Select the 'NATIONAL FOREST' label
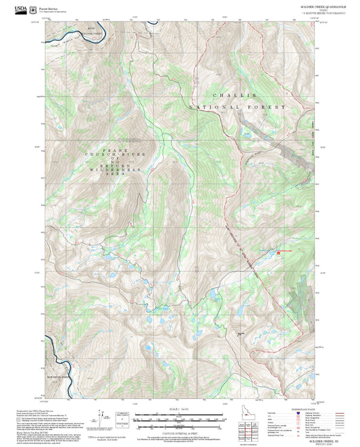click(x=238, y=107)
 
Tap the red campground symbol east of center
click(x=279, y=252)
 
